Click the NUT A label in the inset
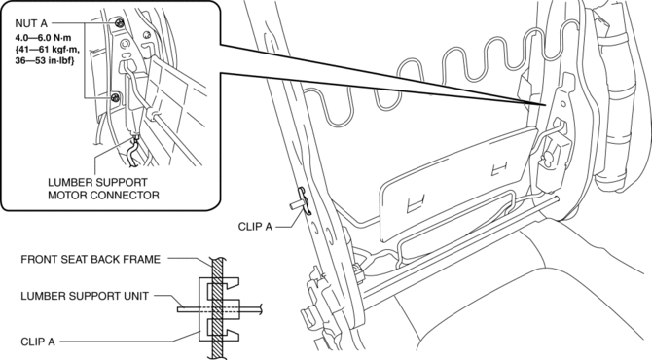(31, 23)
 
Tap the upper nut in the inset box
(120, 22)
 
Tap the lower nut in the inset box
(116, 98)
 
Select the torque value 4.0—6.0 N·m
(43, 38)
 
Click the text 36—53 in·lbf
(45, 61)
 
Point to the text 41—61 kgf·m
(48, 50)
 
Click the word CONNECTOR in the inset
(125, 195)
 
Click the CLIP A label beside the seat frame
(255, 227)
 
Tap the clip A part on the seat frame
(303, 201)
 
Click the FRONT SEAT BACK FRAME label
(91, 260)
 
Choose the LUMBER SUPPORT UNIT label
(85, 296)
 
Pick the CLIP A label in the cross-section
(38, 342)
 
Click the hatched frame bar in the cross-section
(217, 308)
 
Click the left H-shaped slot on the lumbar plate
(416, 203)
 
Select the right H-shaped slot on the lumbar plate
(499, 168)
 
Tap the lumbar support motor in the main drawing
(553, 160)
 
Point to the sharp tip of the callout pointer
(544, 105)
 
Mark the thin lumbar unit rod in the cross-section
(220, 308)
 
